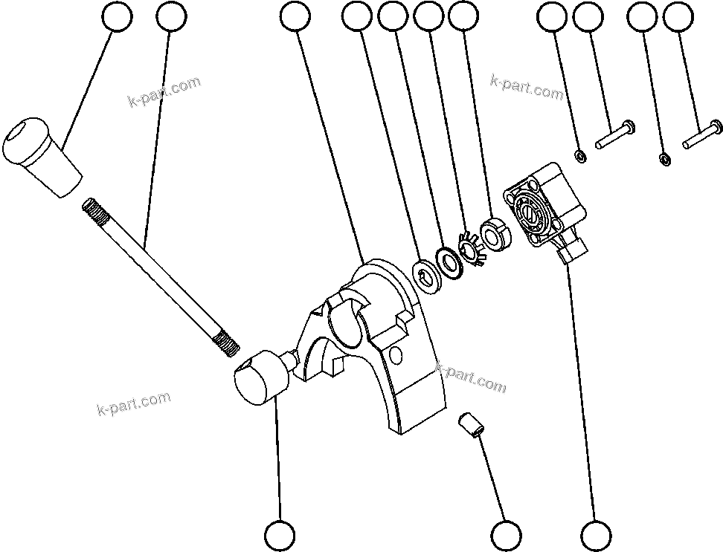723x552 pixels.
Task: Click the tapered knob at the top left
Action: coord(42,156)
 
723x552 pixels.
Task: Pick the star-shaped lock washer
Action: coord(472,248)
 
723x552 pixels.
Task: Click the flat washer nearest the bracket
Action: coord(425,274)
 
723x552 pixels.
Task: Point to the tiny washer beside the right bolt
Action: coord(664,159)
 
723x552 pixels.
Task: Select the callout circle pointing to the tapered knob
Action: coord(117,17)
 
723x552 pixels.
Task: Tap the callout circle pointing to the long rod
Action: coord(173,17)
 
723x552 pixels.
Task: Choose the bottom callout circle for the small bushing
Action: coord(507,535)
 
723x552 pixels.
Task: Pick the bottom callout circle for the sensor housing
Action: coord(596,535)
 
